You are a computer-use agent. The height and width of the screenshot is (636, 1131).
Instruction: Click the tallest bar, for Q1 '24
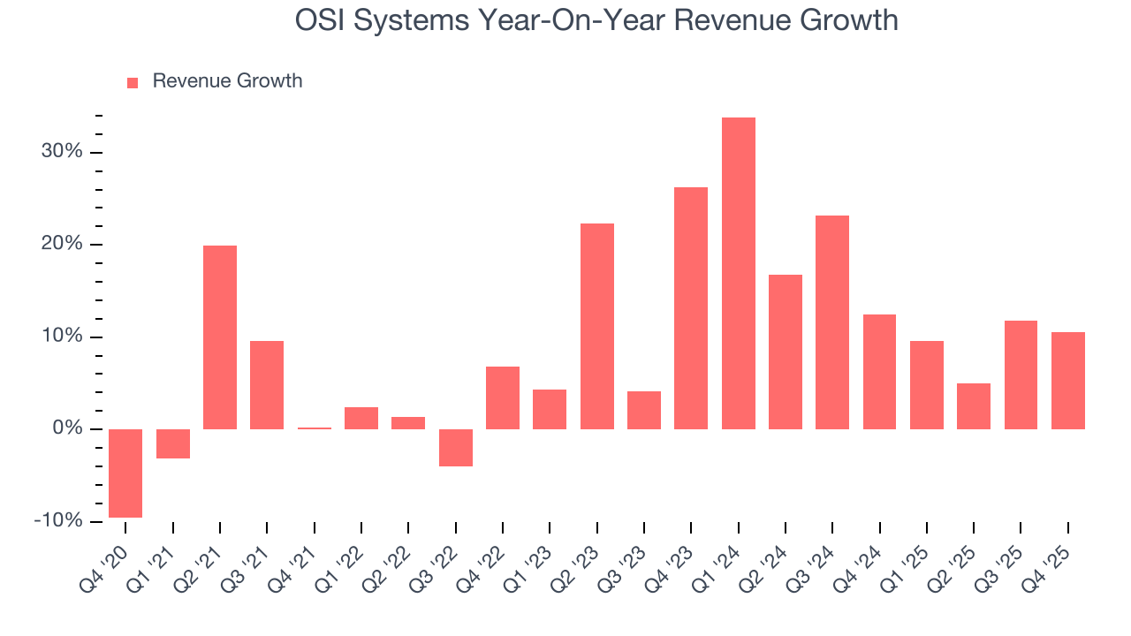(x=738, y=273)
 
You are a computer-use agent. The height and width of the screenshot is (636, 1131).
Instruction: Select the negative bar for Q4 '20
(x=125, y=473)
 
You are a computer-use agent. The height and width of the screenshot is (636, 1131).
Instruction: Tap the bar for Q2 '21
(x=220, y=337)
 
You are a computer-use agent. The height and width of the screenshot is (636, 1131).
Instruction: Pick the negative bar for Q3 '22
(x=456, y=448)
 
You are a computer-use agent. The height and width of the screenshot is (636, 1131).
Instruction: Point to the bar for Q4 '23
(x=691, y=308)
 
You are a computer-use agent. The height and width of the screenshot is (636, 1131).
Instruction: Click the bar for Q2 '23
(x=596, y=326)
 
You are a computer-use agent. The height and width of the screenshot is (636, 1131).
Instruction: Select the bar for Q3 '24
(x=832, y=322)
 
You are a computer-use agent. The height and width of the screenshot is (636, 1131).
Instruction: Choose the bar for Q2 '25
(x=974, y=406)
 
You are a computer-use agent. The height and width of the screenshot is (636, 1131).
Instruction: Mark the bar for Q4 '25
(x=1067, y=381)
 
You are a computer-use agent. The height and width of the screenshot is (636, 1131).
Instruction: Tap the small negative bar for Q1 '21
(x=173, y=443)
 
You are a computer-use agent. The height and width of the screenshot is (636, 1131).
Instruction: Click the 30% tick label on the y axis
(x=62, y=152)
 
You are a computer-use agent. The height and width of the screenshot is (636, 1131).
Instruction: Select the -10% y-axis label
(x=58, y=521)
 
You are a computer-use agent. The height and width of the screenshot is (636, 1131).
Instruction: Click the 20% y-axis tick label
(x=62, y=245)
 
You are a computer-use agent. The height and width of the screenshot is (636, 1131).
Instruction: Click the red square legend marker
(x=133, y=82)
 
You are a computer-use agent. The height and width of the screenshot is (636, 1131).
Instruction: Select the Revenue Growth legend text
(x=227, y=81)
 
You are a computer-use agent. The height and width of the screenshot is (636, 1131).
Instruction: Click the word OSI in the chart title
(x=322, y=20)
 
